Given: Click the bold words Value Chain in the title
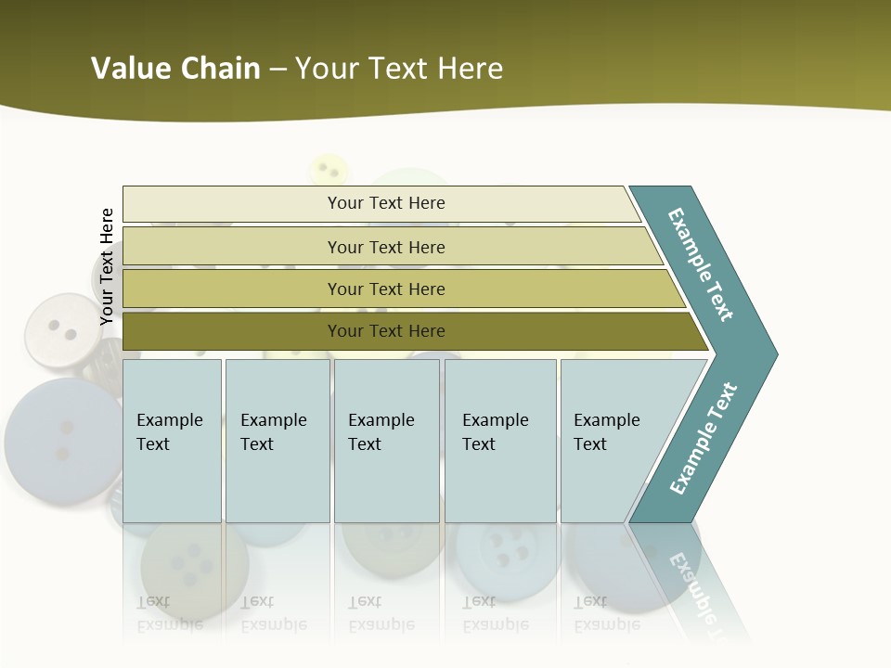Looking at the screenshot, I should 175,69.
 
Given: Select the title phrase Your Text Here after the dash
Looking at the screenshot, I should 399,69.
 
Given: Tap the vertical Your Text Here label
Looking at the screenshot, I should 107,266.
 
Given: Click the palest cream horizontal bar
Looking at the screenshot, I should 386,203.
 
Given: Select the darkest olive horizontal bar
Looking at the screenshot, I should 386,331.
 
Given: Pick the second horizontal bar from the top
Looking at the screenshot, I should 386,247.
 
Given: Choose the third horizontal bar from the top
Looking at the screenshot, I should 386,289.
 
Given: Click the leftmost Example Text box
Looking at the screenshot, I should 172,440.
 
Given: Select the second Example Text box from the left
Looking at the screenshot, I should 277,440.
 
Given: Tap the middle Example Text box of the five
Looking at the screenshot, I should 386,440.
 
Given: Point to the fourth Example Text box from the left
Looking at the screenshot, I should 499,440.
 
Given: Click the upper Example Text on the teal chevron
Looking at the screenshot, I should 701,264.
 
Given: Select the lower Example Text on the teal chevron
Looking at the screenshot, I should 703,439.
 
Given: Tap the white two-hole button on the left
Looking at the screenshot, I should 62,330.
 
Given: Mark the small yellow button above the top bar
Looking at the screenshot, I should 327,169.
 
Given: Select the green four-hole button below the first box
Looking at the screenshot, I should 194,567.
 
